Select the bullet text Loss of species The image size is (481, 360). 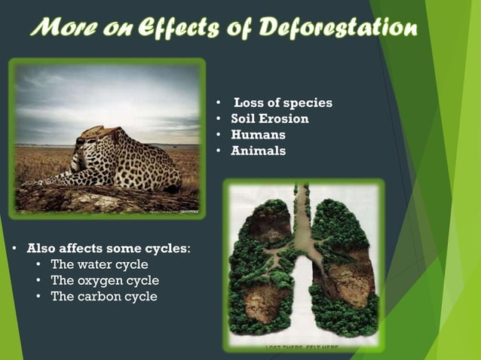282,103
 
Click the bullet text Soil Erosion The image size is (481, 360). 269,119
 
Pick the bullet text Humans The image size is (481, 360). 258,135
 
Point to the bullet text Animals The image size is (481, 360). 258,151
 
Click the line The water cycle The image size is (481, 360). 99,264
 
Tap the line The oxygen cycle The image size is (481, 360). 104,280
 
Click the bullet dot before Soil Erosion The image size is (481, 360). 217,120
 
